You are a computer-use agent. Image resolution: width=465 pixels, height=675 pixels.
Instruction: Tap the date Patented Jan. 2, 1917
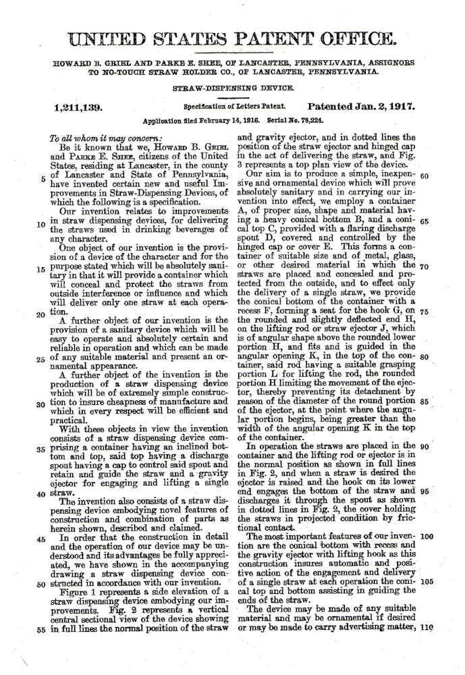361,107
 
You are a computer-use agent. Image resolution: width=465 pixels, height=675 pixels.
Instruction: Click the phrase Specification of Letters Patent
234,107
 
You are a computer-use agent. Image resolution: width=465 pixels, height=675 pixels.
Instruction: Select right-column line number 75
425,311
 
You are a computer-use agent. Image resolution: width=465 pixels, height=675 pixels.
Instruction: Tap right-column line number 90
425,446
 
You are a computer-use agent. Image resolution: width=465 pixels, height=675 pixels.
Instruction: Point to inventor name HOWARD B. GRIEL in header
86,62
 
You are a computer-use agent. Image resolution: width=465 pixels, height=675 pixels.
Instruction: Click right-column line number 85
425,401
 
